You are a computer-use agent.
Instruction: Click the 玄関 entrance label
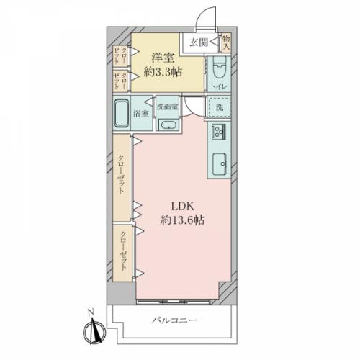(199, 42)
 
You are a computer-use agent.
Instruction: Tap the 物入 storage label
(226, 42)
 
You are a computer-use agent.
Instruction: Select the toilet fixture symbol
(219, 68)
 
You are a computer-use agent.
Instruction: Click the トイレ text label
(219, 86)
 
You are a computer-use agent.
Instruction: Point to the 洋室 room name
(163, 58)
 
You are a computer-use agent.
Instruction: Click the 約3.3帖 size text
(163, 72)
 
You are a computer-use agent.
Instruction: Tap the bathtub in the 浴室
(122, 113)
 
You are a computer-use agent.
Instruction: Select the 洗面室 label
(167, 107)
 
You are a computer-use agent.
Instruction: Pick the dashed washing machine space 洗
(220, 107)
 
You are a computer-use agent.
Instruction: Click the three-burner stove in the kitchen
(219, 132)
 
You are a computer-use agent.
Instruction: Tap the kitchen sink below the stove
(220, 164)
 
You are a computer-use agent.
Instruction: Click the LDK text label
(182, 207)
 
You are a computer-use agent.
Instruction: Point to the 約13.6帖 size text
(182, 220)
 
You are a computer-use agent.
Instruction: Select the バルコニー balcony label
(175, 320)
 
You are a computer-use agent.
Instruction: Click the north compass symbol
(94, 332)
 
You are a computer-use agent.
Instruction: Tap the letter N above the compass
(91, 312)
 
